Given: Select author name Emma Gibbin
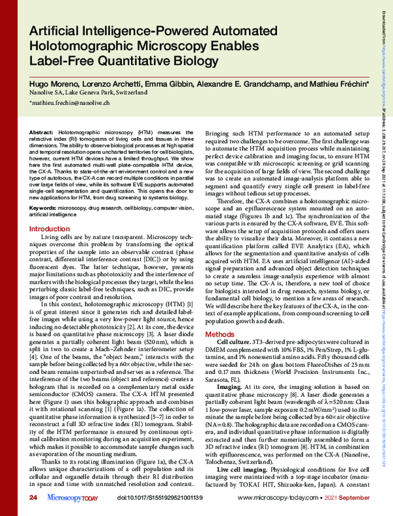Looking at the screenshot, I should pyautogui.click(x=161, y=86).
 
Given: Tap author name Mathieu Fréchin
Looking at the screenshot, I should pyautogui.click(x=332, y=86).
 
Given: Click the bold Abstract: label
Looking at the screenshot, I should pyautogui.click(x=43, y=132).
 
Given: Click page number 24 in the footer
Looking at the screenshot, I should pyautogui.click(x=33, y=499).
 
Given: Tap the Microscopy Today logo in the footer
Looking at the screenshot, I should pyautogui.click(x=69, y=499).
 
